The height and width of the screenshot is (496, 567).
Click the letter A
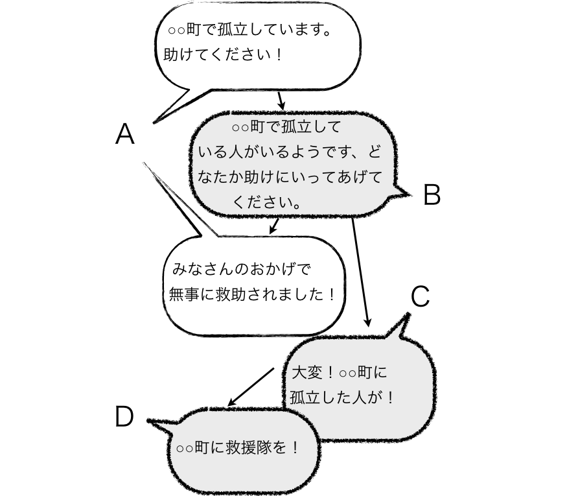click(x=124, y=135)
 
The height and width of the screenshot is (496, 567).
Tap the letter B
click(x=432, y=195)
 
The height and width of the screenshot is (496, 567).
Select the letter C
click(x=421, y=296)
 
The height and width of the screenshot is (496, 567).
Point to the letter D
click(x=124, y=417)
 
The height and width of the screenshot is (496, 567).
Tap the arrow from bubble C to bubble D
click(x=251, y=387)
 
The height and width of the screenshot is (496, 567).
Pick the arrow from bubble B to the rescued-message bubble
click(x=275, y=225)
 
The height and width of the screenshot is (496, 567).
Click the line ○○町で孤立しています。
click(x=249, y=30)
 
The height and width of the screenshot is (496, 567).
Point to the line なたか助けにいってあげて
click(x=290, y=177)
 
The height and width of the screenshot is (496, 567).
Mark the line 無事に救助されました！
click(x=252, y=294)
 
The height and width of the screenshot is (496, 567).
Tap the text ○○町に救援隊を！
click(x=238, y=448)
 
